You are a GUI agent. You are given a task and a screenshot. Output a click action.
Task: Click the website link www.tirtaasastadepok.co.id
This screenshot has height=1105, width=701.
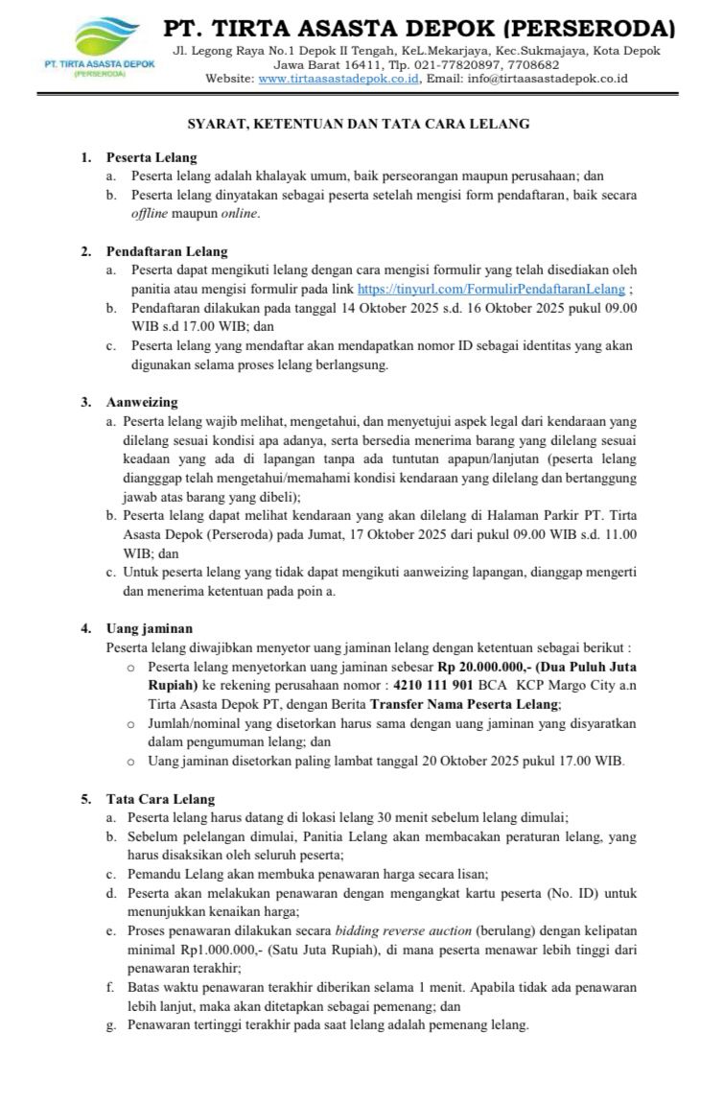click(339, 79)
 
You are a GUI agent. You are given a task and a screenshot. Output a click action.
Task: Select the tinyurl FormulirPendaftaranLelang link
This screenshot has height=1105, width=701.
click(491, 289)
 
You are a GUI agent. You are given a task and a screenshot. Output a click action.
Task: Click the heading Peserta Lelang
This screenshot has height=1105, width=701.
click(152, 157)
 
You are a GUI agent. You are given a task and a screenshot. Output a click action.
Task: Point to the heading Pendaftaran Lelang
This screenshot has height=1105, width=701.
click(167, 252)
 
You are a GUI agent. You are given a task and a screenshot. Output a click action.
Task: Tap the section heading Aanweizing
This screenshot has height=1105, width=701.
click(142, 402)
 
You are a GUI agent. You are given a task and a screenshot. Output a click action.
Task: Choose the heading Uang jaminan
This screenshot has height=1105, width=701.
click(149, 628)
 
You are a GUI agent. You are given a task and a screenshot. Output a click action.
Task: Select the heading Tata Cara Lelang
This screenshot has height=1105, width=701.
click(160, 798)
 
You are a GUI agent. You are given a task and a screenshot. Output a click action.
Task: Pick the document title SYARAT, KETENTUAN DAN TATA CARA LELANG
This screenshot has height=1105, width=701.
click(358, 124)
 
